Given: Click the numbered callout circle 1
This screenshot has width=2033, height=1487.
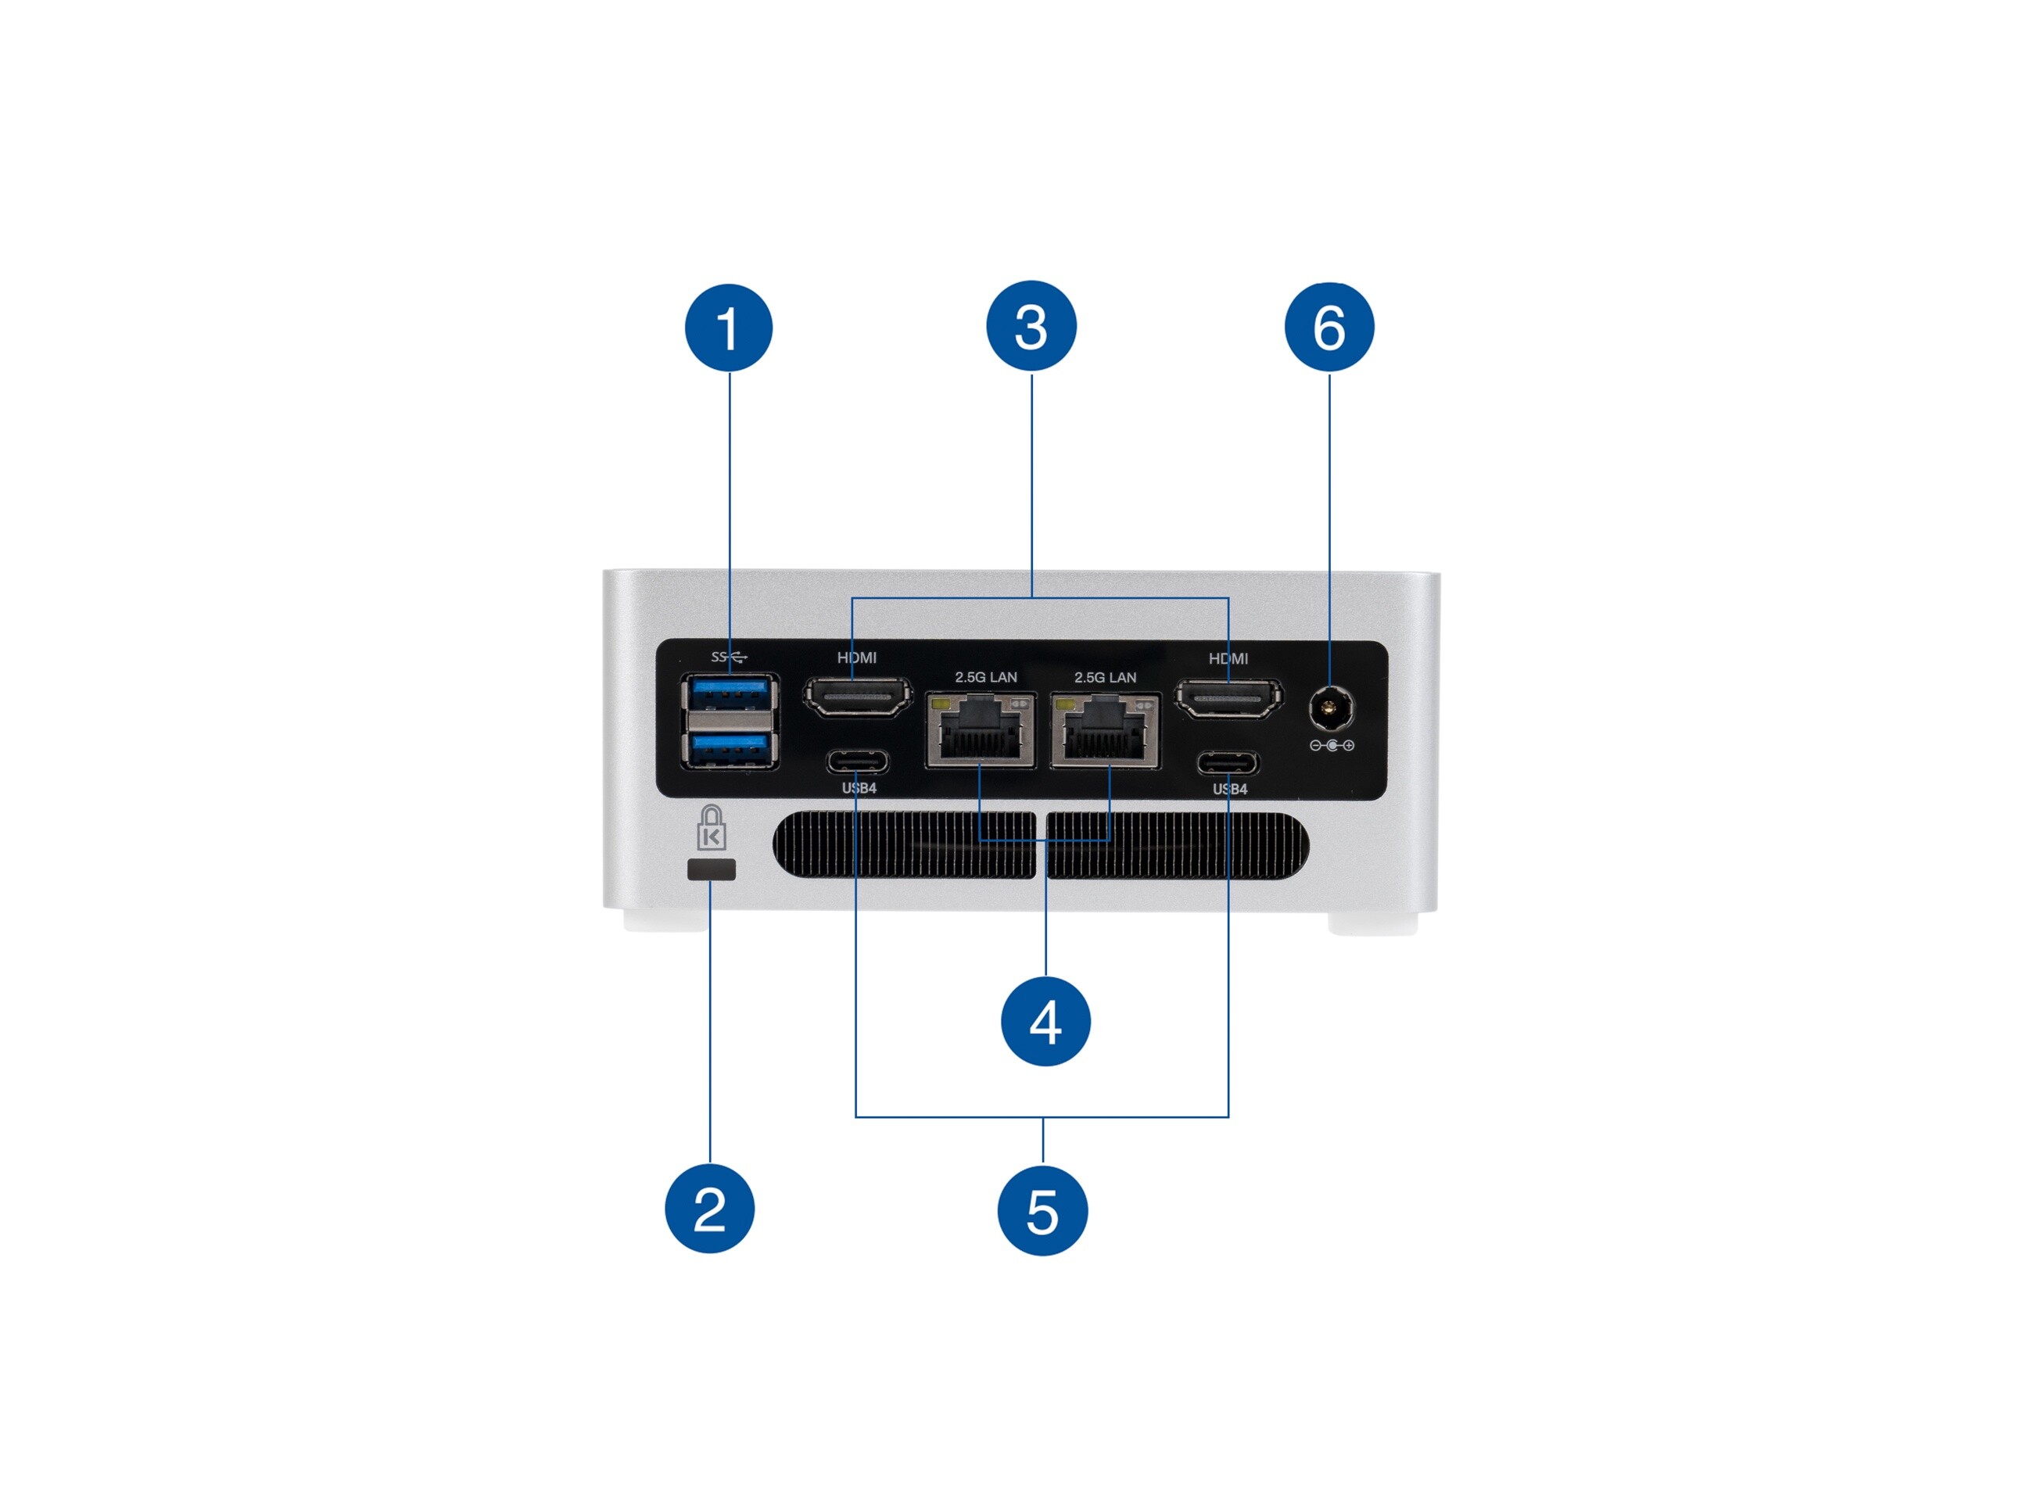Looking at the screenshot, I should coord(729,328).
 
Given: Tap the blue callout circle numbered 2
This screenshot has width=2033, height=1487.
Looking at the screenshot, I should coord(709,1208).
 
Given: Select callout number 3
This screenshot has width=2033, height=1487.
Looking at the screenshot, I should coord(1031,326).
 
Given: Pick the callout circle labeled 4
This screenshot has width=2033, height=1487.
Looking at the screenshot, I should coord(1045,1022).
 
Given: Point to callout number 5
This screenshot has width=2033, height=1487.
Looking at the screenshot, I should coord(1042,1211).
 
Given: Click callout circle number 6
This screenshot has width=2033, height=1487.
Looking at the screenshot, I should coord(1329,327).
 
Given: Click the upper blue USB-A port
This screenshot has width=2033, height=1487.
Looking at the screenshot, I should coord(730,694).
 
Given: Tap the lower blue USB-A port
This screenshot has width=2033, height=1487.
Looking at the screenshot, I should coord(730,748).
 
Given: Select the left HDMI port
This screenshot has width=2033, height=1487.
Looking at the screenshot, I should coord(857,697).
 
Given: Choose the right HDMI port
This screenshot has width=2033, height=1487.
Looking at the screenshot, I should coord(1229,697).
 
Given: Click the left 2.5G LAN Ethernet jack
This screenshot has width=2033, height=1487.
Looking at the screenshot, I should coord(981,730).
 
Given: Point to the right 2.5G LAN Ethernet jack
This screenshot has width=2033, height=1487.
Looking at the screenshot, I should coord(1105,731).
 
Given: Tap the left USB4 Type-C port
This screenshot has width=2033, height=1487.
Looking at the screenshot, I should coord(857,761).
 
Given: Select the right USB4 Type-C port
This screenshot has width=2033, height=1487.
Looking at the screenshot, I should coord(1228,763).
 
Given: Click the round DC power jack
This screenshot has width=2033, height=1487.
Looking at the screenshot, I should coord(1331,709).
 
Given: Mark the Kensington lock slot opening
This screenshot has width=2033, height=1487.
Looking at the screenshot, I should coord(711,869).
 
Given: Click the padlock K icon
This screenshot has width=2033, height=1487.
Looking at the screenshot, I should coord(712,829).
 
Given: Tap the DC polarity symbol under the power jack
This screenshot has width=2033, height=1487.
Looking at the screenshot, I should coord(1332,745).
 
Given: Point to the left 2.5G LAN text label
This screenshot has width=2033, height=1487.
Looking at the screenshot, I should coord(986,677).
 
